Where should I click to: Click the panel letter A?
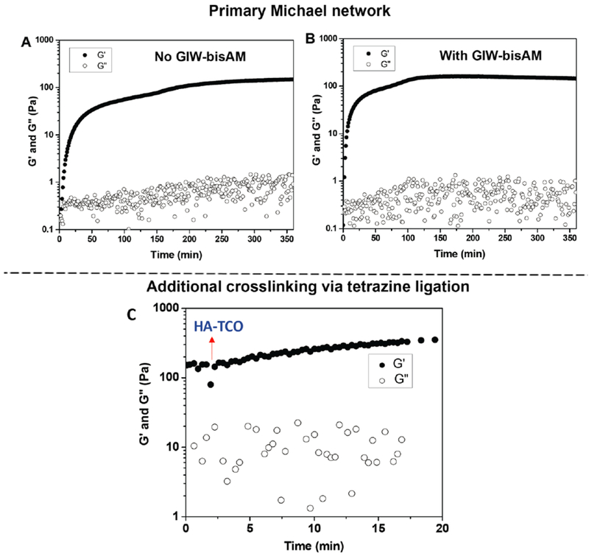pyautogui.click(x=24, y=41)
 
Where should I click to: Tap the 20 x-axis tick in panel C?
pyautogui.click(x=442, y=528)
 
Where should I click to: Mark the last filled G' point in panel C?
pyautogui.click(x=434, y=339)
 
